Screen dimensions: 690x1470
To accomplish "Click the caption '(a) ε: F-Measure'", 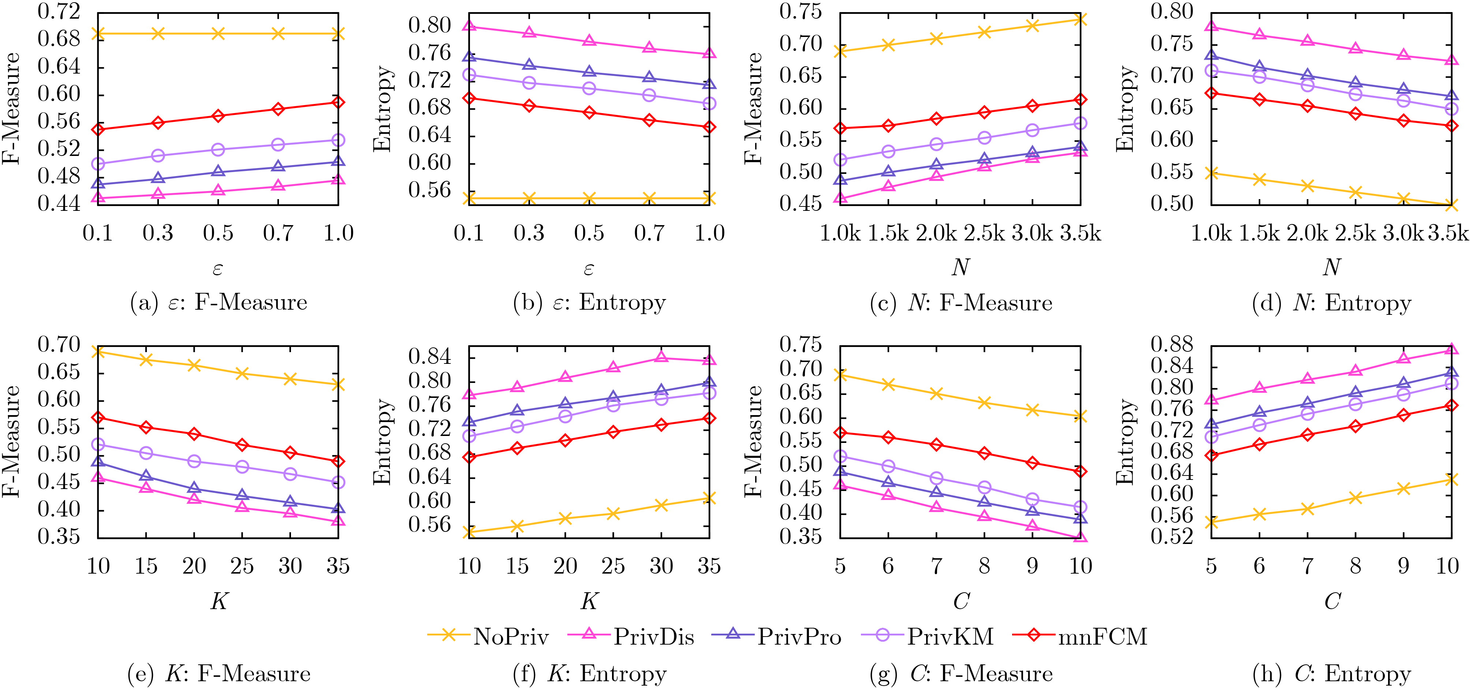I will pyautogui.click(x=219, y=302).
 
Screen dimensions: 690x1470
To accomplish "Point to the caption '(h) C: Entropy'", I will pyautogui.click(x=1331, y=674).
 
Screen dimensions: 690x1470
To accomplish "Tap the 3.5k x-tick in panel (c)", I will pyautogui.click(x=1080, y=233).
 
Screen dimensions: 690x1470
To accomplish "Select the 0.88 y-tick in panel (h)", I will pyautogui.click(x=1172, y=345).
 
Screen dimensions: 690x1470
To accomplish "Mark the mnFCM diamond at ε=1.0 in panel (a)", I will pyautogui.click(x=338, y=102).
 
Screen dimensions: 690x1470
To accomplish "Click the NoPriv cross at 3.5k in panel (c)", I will pyautogui.click(x=1080, y=20).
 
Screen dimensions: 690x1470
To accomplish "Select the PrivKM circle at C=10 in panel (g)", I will pyautogui.click(x=1080, y=507).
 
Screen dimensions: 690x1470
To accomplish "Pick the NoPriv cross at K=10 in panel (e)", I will pyautogui.click(x=98, y=351).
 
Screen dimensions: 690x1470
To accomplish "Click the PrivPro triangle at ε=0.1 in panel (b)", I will pyautogui.click(x=469, y=57).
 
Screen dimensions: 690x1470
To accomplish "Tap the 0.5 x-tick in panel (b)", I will pyautogui.click(x=589, y=233).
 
